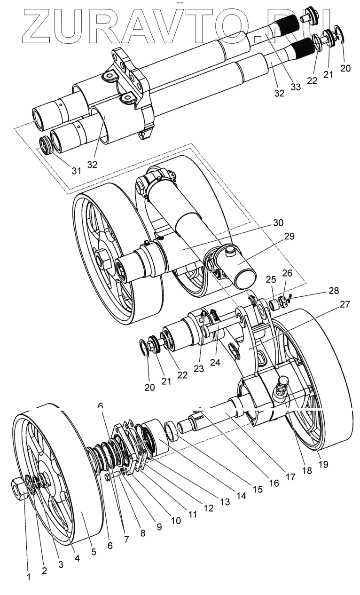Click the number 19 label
pyautogui.click(x=323, y=464)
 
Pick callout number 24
pyautogui.click(x=214, y=363)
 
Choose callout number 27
pyautogui.click(x=345, y=304)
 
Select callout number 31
pyautogui.click(x=76, y=171)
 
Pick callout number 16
pyautogui.click(x=274, y=482)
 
